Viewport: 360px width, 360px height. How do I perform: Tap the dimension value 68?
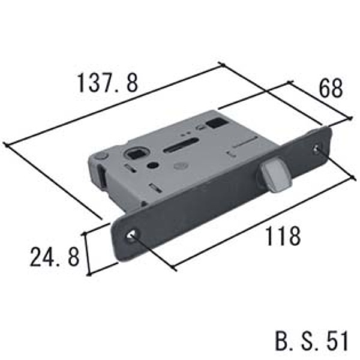(331, 88)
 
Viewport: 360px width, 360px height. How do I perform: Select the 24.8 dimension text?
(55, 256)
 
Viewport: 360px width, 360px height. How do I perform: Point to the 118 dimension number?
(283, 236)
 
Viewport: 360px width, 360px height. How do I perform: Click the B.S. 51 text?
(311, 340)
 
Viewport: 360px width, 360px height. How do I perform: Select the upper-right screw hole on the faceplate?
(318, 148)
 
